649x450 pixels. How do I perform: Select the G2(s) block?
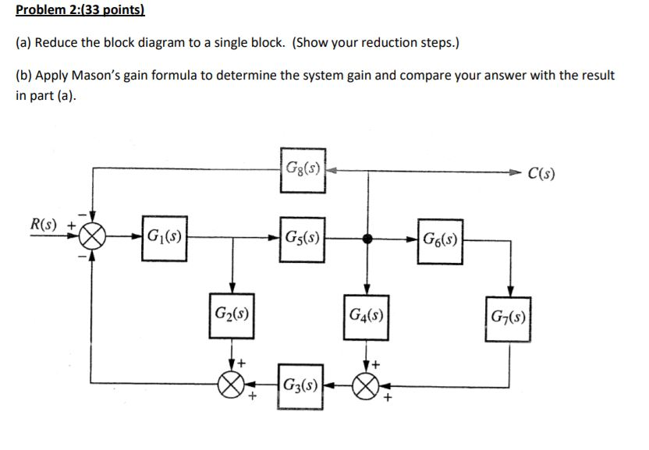point(232,316)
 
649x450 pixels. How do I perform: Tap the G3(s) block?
point(300,385)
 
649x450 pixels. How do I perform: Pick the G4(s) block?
point(366,318)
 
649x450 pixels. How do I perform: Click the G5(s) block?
point(300,237)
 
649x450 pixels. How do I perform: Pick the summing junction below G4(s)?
point(366,384)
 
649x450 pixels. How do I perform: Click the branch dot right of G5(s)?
point(366,238)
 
